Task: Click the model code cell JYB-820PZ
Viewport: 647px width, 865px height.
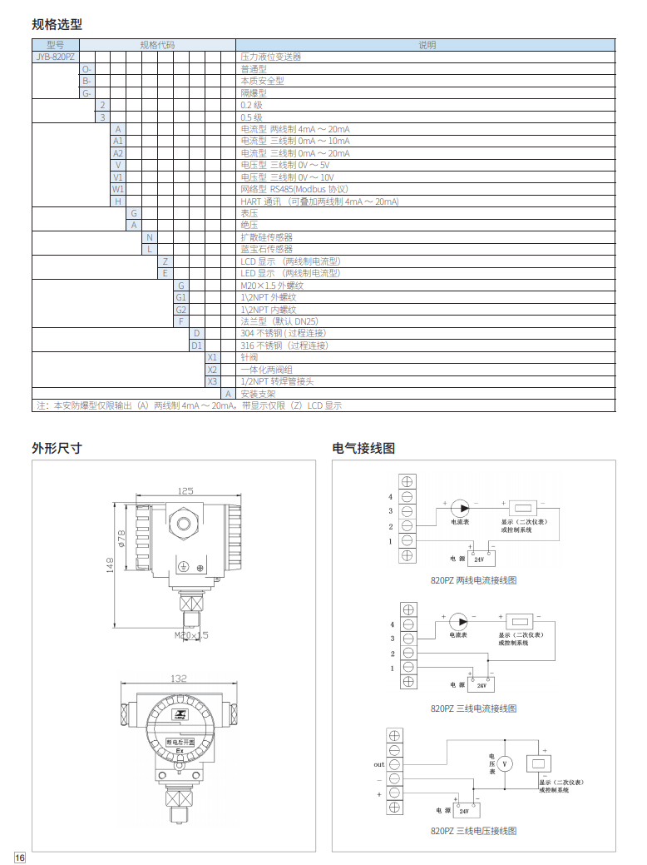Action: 56,57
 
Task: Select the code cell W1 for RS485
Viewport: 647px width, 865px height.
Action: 118,189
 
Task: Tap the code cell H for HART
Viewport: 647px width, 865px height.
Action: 118,201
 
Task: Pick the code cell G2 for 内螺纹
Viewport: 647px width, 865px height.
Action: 180,309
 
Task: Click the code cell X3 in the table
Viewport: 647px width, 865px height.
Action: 212,381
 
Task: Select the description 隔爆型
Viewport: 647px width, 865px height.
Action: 253,93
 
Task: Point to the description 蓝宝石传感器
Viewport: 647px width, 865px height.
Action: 266,249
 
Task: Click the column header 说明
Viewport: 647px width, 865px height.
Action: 427,45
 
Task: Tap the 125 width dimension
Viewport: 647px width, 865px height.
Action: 185,490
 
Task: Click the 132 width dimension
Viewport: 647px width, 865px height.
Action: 178,679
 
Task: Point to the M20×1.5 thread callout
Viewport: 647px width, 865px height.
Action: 191,635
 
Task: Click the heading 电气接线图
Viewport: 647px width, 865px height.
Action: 363,448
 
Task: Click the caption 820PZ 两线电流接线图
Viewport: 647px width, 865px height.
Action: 474,580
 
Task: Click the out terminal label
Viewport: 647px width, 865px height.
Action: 378,763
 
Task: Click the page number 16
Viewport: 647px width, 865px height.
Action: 20,858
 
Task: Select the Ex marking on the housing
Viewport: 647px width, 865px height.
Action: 179,751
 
